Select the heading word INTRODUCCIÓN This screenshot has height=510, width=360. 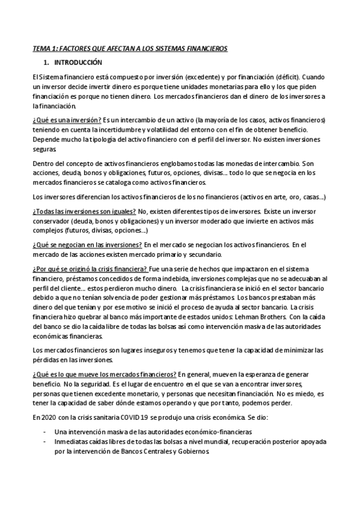coord(78,63)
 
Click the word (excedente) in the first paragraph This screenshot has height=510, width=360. coord(189,78)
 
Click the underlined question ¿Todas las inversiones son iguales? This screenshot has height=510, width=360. coord(84,212)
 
